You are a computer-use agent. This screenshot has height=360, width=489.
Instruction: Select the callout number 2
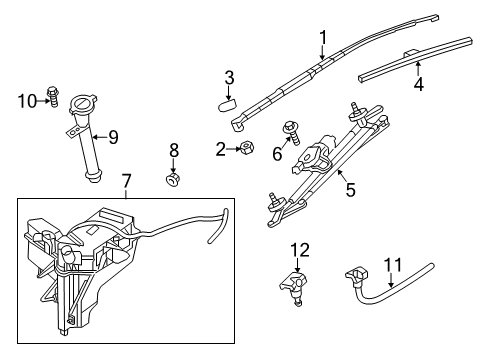(220, 149)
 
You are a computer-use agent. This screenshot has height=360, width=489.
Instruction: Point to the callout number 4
(418, 84)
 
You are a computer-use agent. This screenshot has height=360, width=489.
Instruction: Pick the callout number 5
(349, 186)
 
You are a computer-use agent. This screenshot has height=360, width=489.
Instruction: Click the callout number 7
(126, 182)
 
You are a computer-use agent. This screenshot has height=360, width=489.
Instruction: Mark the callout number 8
(173, 151)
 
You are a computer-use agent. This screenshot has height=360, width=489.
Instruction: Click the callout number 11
(393, 265)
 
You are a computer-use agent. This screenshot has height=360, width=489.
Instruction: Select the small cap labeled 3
(226, 100)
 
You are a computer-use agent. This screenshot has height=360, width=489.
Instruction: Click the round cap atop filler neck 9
(80, 103)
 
